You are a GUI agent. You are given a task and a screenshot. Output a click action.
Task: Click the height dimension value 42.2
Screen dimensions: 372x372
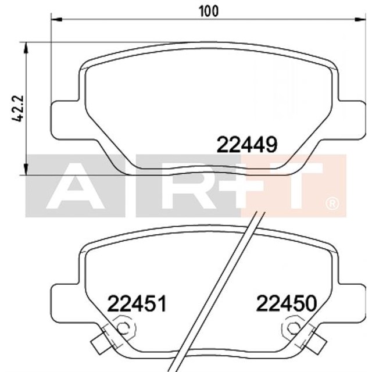point(19,108)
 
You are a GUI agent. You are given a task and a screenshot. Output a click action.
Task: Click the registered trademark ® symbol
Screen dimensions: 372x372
point(331,203)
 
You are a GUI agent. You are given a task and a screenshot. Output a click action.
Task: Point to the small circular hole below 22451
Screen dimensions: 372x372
point(122,328)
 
